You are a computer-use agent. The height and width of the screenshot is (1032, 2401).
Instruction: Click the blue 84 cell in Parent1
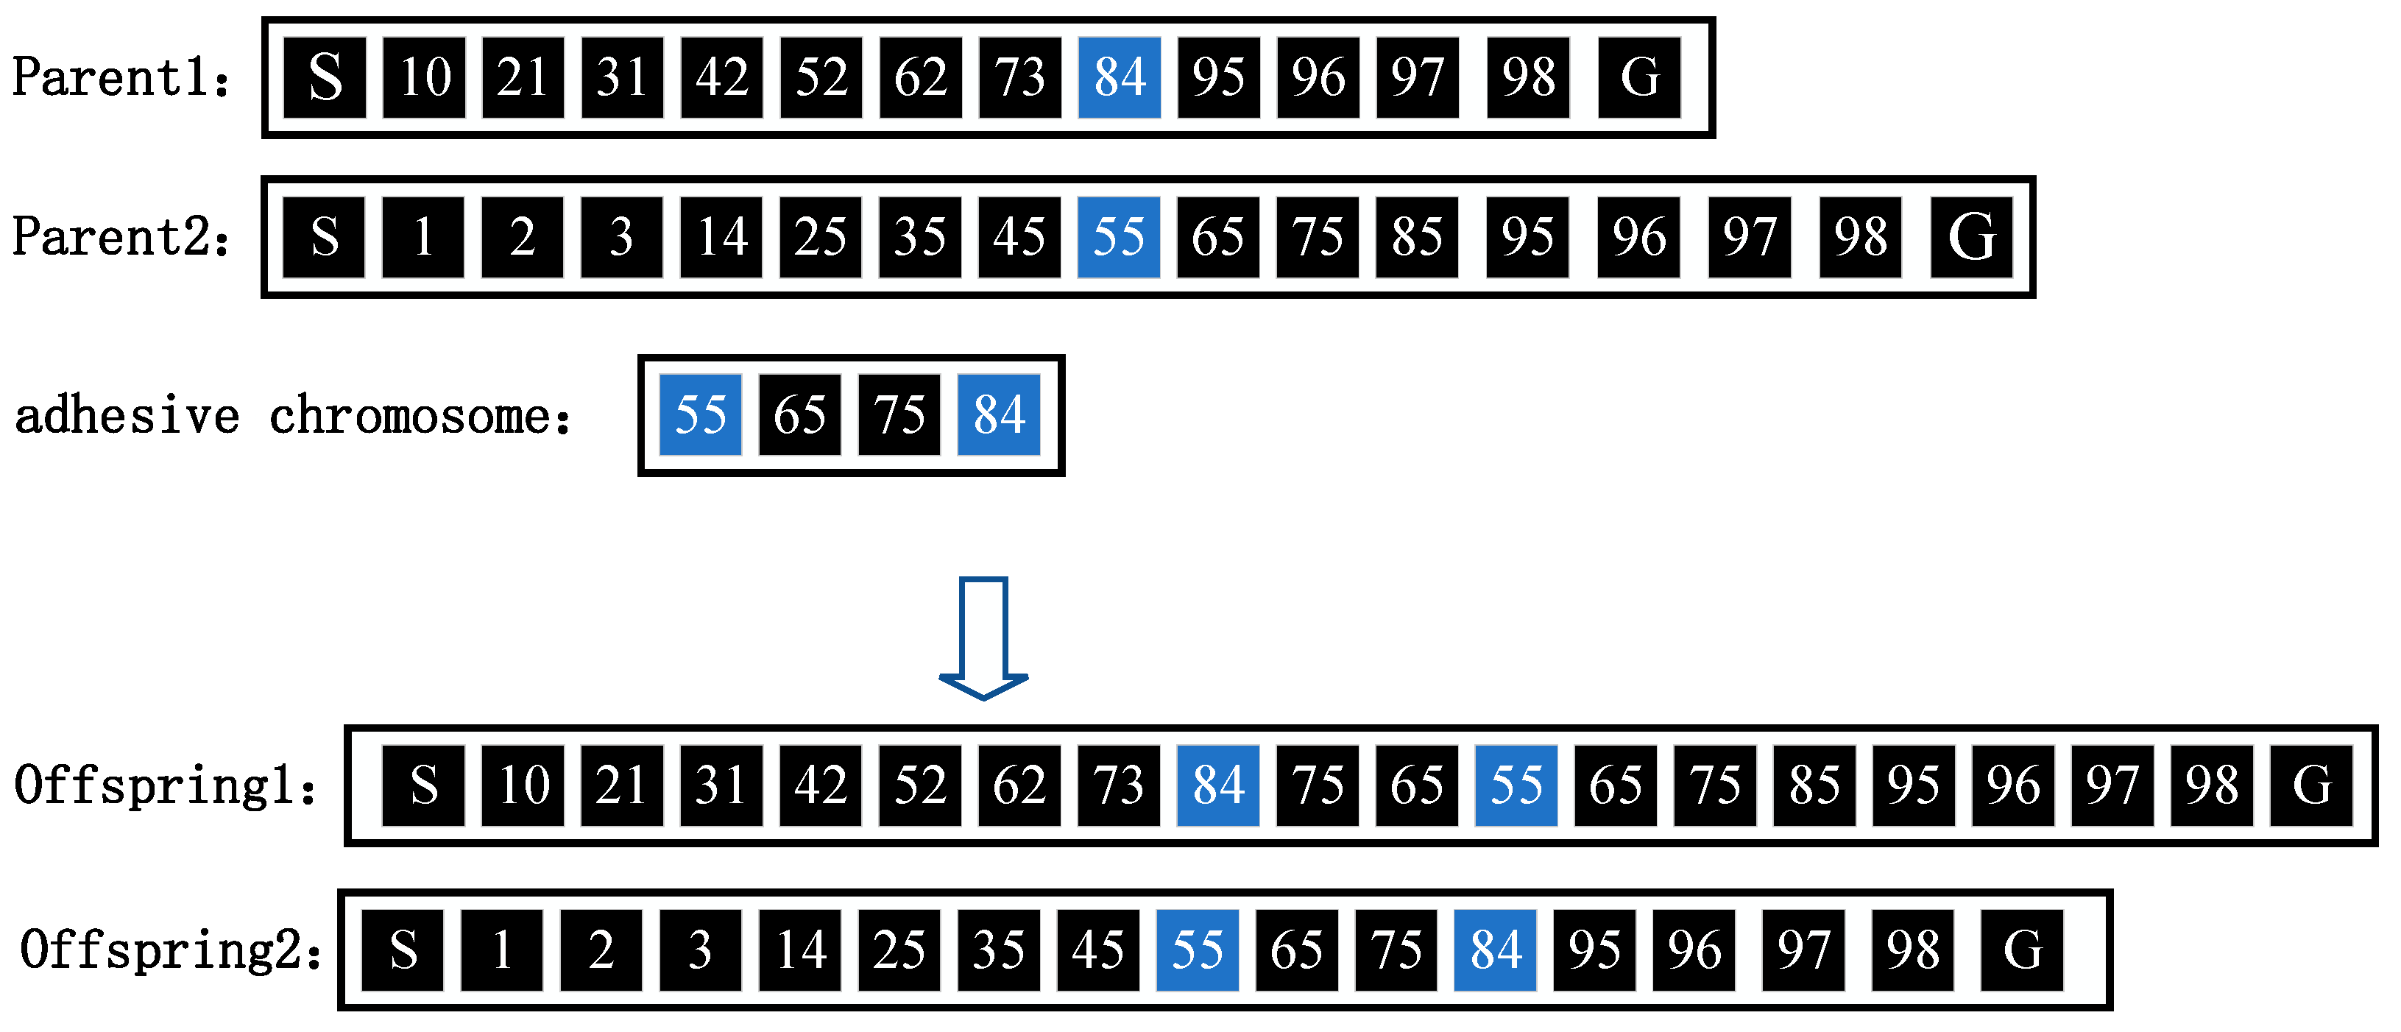pos(1119,77)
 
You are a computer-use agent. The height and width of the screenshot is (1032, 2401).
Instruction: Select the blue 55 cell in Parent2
pos(1119,237)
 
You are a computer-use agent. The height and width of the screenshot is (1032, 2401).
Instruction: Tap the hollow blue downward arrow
pos(983,639)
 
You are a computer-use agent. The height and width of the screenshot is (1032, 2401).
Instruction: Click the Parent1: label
pos(121,77)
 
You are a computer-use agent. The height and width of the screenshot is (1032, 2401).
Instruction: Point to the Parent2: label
pos(121,237)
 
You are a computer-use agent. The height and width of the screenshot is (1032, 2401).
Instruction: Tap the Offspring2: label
pos(171,951)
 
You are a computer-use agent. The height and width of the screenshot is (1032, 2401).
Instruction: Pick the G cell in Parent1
pos(1638,77)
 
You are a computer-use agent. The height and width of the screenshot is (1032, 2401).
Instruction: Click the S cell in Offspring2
pos(403,950)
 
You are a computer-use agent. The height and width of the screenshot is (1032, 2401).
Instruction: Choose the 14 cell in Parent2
pos(721,237)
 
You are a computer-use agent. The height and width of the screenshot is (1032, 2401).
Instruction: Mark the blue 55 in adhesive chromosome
pos(700,415)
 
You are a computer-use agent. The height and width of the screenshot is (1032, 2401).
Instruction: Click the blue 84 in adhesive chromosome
pos(998,415)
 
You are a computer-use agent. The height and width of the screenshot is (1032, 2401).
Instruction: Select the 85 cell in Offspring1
pos(1814,785)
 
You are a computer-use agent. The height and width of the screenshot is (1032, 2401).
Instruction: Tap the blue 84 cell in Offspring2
pos(1495,950)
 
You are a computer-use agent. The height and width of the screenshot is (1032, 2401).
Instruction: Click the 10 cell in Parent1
pos(424,77)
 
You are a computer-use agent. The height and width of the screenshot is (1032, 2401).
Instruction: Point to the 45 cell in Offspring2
pos(1098,950)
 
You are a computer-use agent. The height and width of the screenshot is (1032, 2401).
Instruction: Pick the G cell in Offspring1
pos(2310,785)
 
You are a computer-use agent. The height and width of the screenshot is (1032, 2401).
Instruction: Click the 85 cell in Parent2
pos(1416,237)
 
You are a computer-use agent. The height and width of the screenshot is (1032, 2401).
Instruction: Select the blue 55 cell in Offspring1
pos(1516,785)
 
